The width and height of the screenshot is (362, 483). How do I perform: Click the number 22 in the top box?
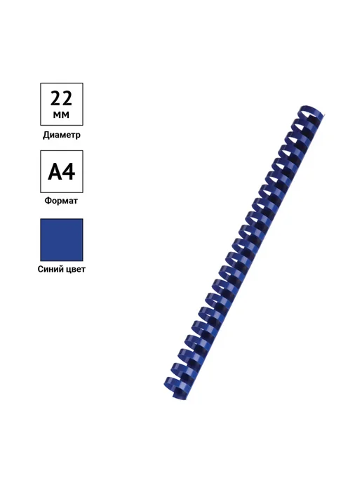point(61,98)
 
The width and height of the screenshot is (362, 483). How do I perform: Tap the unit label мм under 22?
point(61,115)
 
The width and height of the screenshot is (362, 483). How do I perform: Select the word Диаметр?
point(62,135)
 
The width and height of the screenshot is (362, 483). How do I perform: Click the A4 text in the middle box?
point(62,171)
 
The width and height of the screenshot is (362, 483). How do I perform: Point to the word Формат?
point(61,201)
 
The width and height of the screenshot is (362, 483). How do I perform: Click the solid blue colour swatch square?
point(62,240)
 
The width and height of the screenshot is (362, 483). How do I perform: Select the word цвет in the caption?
point(76,270)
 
